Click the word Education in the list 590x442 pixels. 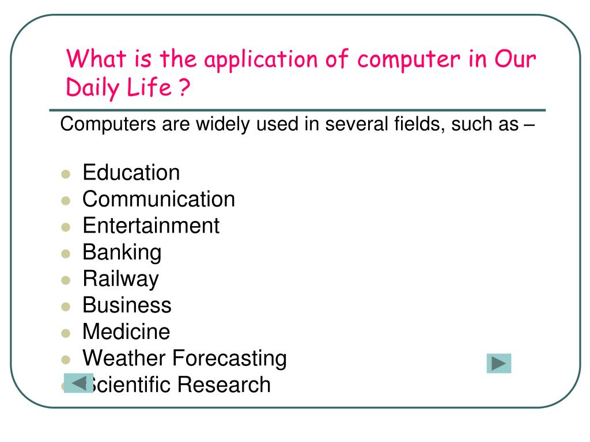[131, 173]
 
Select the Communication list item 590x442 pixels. [158, 199]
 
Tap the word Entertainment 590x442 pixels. [151, 226]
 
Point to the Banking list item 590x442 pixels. [122, 252]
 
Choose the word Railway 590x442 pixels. [120, 279]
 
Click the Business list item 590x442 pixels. [127, 305]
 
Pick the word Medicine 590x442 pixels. [126, 331]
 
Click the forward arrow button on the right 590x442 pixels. [498, 364]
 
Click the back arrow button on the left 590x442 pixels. [78, 383]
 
